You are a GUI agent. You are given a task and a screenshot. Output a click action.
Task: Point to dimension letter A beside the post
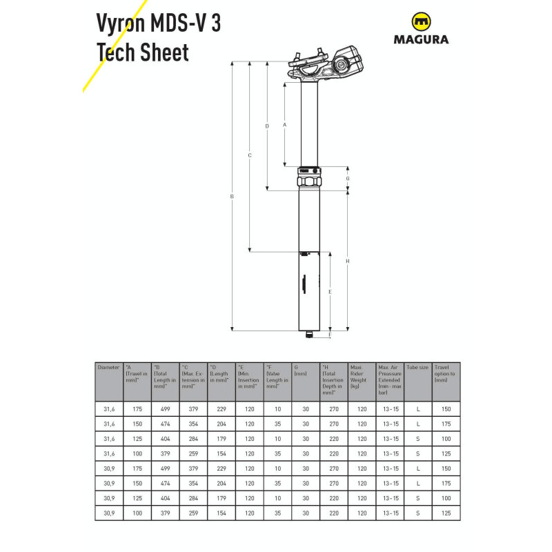pos(285,124)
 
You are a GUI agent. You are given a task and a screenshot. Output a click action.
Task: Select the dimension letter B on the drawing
pos(233,197)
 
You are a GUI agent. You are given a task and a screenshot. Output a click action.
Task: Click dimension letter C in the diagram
pos(250,155)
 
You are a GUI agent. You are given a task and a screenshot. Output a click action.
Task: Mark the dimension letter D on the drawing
pos(267,126)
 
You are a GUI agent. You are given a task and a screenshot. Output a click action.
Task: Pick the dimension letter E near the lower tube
pos(331,293)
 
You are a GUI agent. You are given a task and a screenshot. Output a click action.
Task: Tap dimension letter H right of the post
pos(348,261)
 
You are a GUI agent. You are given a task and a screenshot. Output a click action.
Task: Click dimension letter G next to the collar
pos(348,178)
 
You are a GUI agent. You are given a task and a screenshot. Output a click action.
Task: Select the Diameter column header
pos(109,367)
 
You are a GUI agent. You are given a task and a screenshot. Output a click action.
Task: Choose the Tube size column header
pos(418,367)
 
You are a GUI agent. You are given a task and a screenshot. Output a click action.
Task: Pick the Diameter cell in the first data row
pos(109,409)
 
